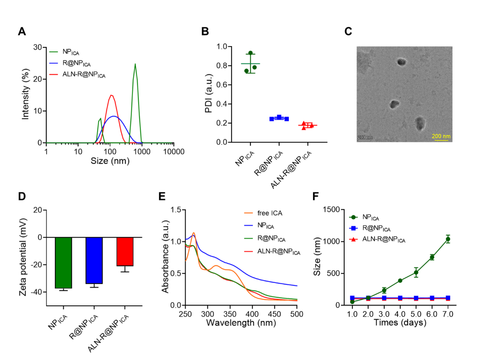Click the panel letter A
pyautogui.click(x=22, y=31)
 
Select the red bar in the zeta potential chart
pyautogui.click(x=125, y=251)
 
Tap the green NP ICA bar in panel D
pyautogui.click(x=63, y=263)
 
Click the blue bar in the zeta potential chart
pyautogui.click(x=94, y=260)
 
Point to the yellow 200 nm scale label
pyautogui.click(x=441, y=136)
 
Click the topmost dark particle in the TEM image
pyautogui.click(x=401, y=62)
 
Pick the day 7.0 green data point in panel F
pyautogui.click(x=448, y=239)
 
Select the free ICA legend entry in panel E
pyautogui.click(x=263, y=213)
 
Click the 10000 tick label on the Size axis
pyautogui.click(x=174, y=152)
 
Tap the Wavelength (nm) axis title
pyautogui.click(x=241, y=323)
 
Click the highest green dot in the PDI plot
pyautogui.click(x=250, y=53)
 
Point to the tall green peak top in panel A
pyautogui.click(x=135, y=64)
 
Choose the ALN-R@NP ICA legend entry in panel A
pyautogui.click(x=77, y=75)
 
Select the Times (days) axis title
pyautogui.click(x=400, y=322)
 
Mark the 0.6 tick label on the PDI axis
pyautogui.click(x=221, y=85)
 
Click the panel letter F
pyautogui.click(x=316, y=196)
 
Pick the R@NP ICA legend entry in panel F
pyautogui.click(x=369, y=229)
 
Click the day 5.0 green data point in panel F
pyautogui.click(x=416, y=272)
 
